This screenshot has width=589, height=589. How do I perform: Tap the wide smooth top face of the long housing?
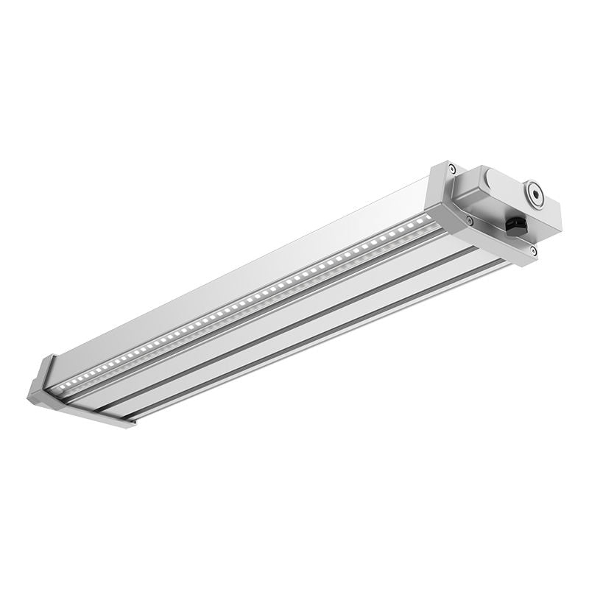coord(243,280)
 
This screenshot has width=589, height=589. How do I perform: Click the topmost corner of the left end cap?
coord(53,356)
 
